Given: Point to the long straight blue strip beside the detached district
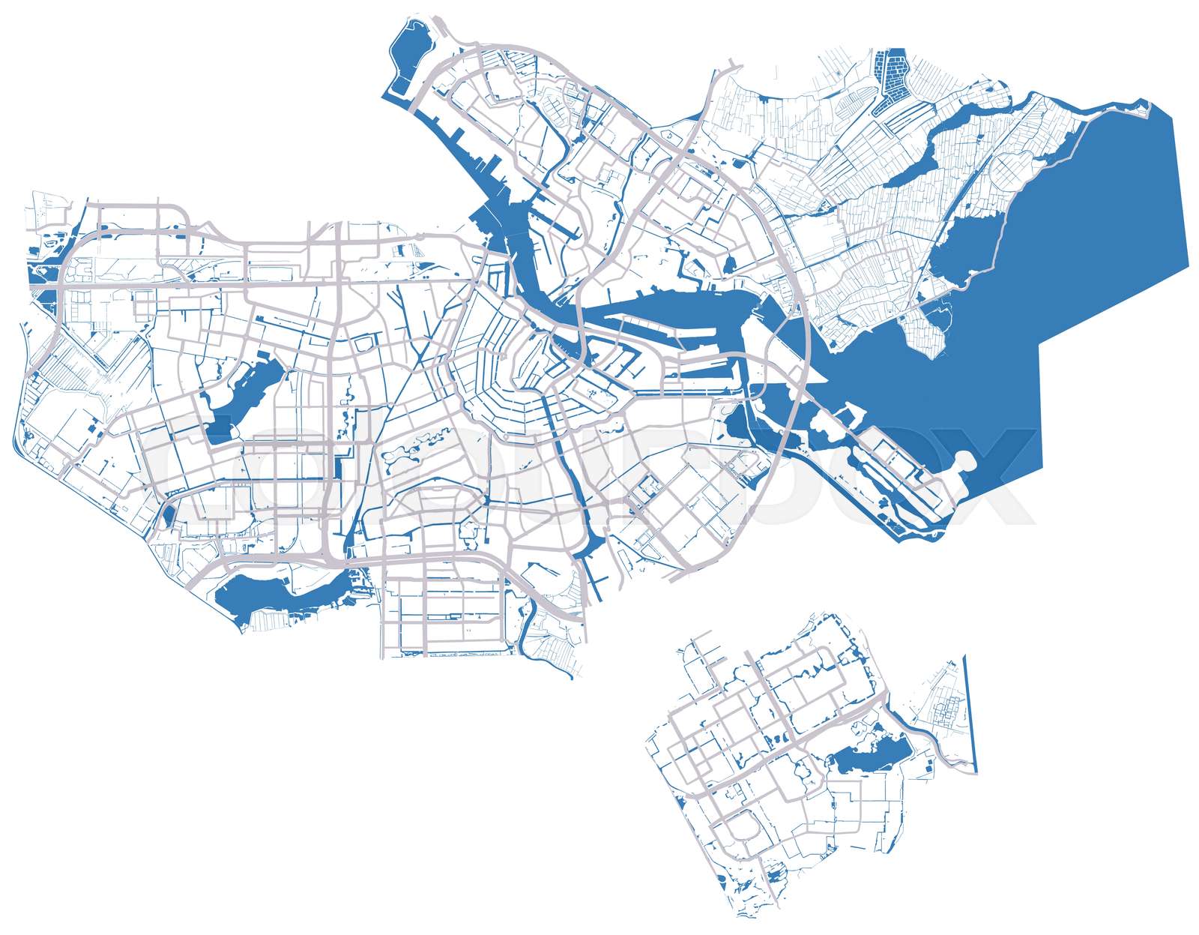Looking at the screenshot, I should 970,712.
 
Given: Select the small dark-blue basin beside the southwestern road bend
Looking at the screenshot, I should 168,515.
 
